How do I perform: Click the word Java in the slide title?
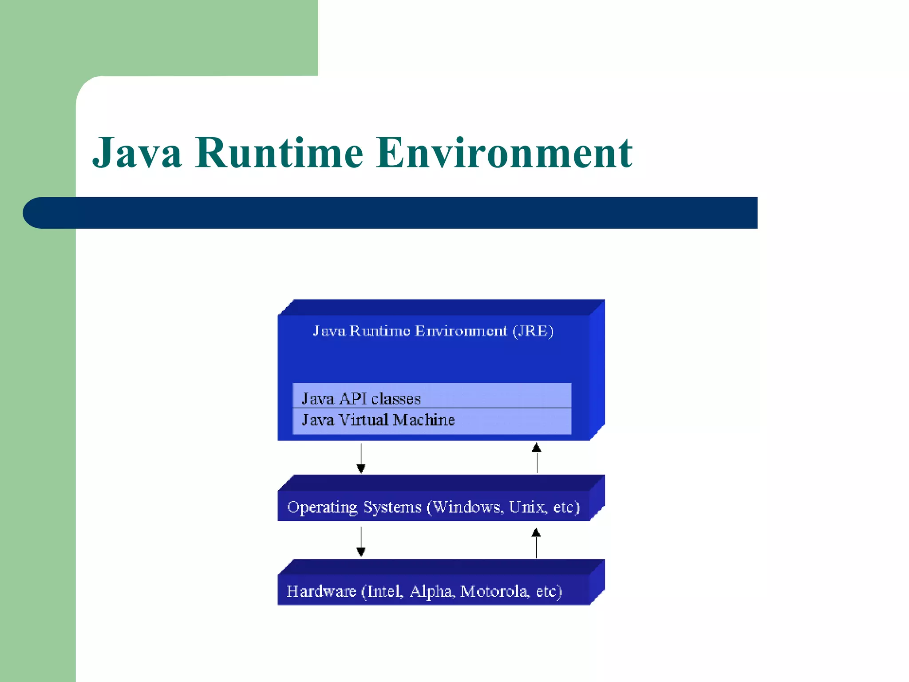click(137, 153)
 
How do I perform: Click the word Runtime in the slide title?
click(279, 153)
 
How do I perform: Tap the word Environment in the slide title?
click(504, 153)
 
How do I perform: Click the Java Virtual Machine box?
click(431, 420)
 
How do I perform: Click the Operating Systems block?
click(433, 506)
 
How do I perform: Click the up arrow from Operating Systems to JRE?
click(537, 457)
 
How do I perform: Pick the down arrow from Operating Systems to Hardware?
click(361, 542)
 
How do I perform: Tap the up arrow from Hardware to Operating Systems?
click(536, 543)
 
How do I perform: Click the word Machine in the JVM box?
click(424, 420)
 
